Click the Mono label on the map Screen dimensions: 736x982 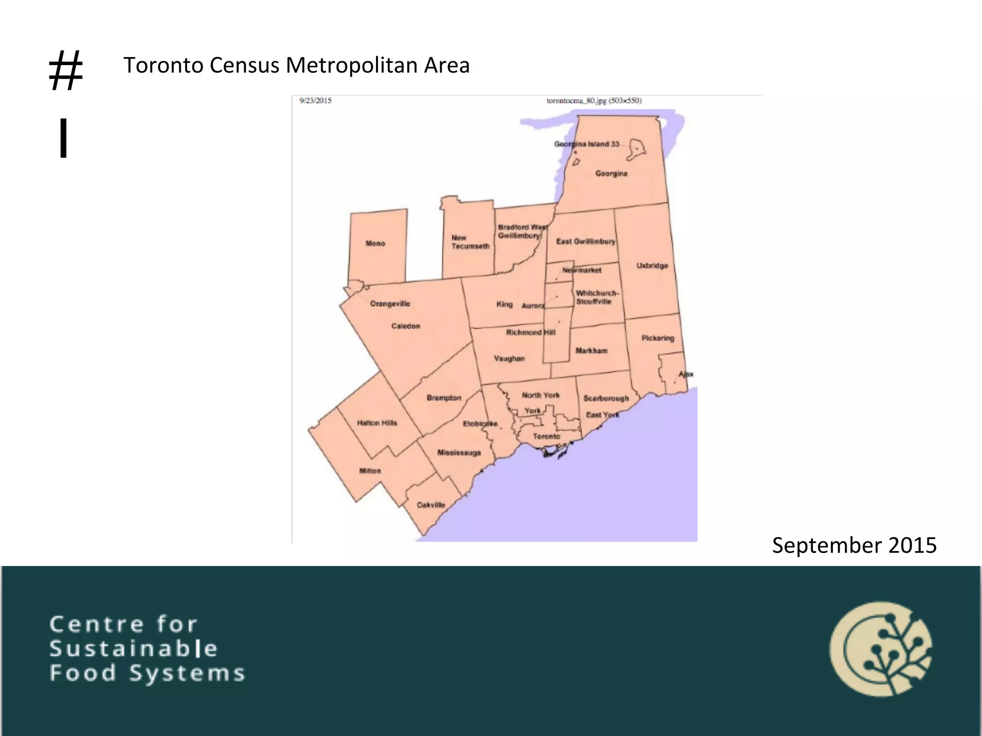[375, 243]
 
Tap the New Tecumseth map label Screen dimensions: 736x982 [470, 242]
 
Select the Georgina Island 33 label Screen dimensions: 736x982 [586, 144]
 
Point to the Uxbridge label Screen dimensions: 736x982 [652, 265]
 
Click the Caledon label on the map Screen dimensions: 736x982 [406, 326]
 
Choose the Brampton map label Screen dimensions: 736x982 [444, 398]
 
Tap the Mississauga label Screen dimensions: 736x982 [459, 453]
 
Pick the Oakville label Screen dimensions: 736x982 [431, 505]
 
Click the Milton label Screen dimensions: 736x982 [370, 471]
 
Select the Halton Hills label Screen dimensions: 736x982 [377, 423]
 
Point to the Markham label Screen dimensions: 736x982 [592, 351]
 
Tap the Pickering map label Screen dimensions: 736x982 [658, 338]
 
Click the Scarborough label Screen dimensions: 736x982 [606, 398]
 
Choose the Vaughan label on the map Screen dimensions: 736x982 [509, 358]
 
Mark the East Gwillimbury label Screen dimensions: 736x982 [585, 241]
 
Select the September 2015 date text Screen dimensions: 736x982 [854, 545]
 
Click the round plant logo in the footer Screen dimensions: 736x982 [881, 649]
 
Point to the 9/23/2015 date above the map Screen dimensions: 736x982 [316, 101]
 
